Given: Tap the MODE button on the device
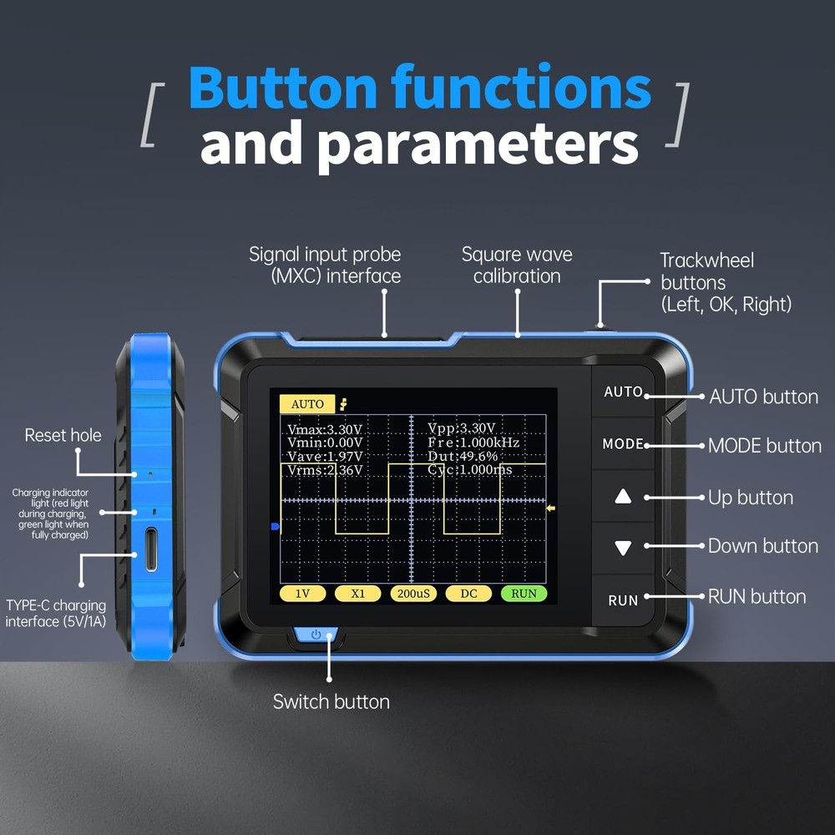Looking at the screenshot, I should (x=623, y=444).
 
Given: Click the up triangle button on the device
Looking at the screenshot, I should (x=623, y=497).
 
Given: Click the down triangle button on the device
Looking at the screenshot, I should (x=623, y=549).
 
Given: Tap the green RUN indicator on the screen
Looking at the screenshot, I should (x=524, y=594).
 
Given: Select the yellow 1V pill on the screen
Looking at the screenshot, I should (x=302, y=594).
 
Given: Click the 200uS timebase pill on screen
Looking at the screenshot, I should (x=413, y=594).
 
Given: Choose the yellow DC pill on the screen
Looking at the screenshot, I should (x=468, y=594).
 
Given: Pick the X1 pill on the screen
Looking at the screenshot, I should (x=357, y=594).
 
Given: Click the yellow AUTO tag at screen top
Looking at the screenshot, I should (x=307, y=404).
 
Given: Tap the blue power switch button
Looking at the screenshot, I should (x=316, y=635).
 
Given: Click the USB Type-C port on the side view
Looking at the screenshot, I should (x=151, y=549).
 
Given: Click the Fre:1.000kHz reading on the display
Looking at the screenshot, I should (x=473, y=443).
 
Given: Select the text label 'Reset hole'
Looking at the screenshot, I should (x=63, y=435).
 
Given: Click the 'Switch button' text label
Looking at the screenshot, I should (x=331, y=701).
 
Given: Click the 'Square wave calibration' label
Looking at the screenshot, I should (x=517, y=265).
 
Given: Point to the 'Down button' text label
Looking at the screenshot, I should (x=762, y=546).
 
